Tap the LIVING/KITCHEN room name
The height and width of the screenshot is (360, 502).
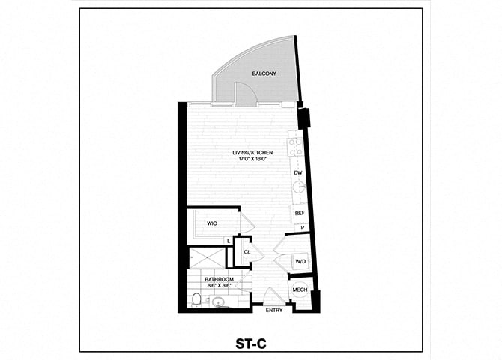click(x=251, y=153)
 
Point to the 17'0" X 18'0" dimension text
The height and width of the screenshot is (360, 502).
click(x=251, y=160)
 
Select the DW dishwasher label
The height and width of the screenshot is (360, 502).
click(x=297, y=173)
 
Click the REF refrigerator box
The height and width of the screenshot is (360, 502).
click(x=299, y=213)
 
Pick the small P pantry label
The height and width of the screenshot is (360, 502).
click(x=303, y=228)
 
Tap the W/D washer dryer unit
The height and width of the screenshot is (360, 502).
click(x=300, y=261)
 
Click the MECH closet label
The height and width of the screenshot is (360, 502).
click(x=300, y=290)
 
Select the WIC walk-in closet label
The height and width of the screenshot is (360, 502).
click(x=212, y=223)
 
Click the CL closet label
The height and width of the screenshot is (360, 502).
click(x=247, y=252)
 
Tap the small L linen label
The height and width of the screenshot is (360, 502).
click(x=229, y=240)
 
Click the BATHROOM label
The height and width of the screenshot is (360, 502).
click(x=219, y=279)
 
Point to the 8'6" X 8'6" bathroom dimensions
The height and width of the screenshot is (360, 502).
click(x=219, y=286)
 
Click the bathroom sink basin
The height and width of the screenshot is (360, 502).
click(x=219, y=303)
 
